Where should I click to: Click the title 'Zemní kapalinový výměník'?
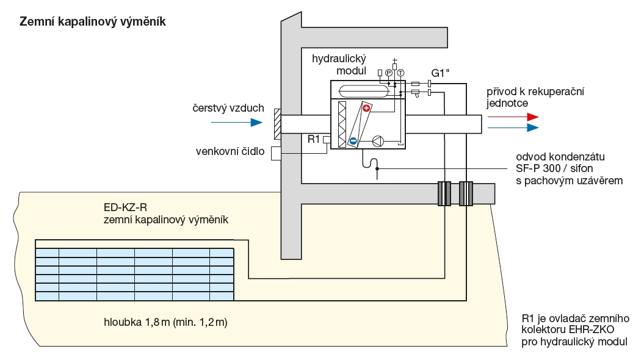coord(93,21)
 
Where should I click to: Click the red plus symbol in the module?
coord(366,109)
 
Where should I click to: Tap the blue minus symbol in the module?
coord(353,142)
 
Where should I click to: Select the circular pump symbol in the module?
coord(378,142)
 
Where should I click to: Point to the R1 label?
coord(314,140)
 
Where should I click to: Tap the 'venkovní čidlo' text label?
coord(230,151)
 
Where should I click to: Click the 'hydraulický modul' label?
coord(338,65)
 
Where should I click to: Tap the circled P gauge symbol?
coord(388,73)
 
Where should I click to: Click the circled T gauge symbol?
coord(400,73)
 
